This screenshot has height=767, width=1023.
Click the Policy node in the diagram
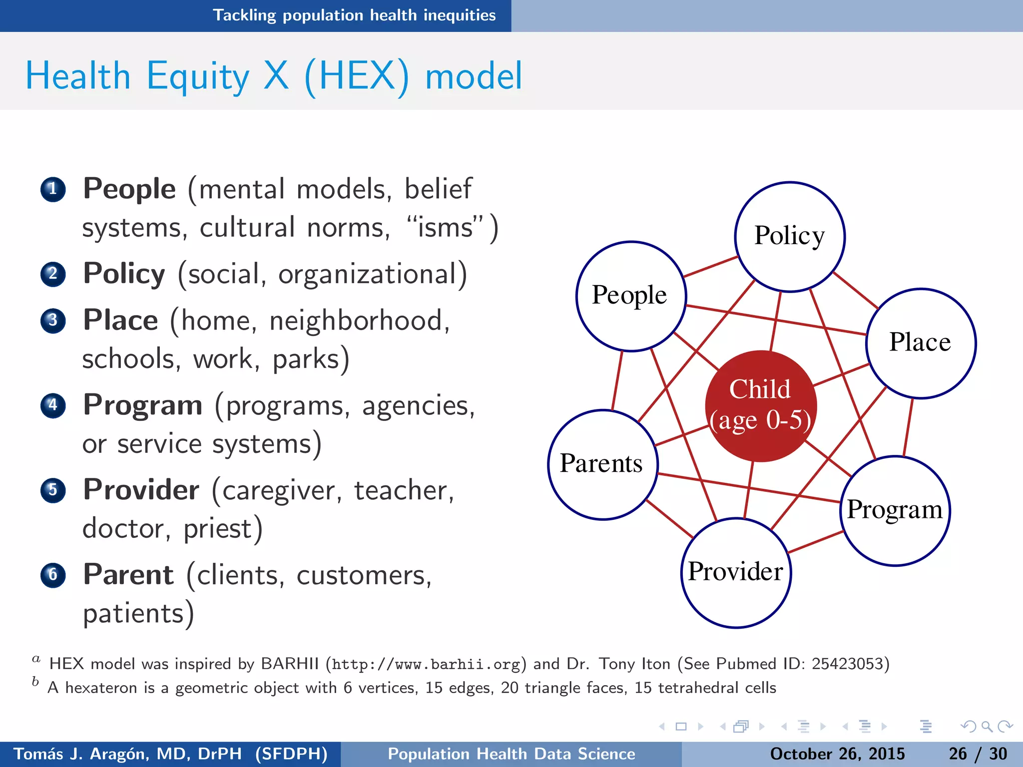point(790,236)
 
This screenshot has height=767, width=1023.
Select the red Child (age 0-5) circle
point(760,405)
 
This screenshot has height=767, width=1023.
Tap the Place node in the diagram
point(921,343)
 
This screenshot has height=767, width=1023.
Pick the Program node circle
point(895,510)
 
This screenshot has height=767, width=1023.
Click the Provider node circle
point(736,572)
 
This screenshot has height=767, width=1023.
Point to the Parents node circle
point(602,464)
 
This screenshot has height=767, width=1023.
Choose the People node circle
point(630,296)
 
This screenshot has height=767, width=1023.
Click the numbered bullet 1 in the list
point(53,189)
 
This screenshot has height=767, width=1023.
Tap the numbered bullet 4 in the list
point(53,405)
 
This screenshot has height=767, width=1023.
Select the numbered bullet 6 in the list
point(53,575)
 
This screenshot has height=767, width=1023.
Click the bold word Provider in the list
point(141,489)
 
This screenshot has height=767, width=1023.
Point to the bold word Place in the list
point(120,320)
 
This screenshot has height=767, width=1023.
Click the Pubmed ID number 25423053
point(847,664)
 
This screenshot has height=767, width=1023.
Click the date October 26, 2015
point(837,754)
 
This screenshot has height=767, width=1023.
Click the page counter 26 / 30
point(978,754)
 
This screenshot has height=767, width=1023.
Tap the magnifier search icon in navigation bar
point(986,726)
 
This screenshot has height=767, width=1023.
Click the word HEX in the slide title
point(357,76)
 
